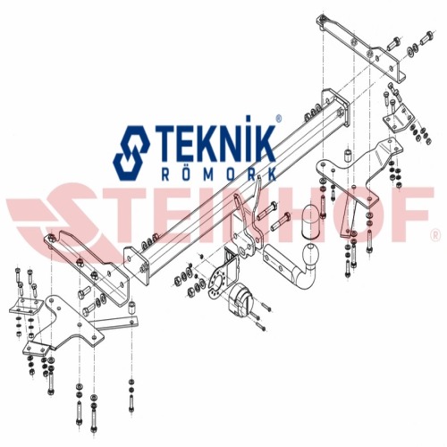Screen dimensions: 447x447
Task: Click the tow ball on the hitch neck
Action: [x=311, y=254]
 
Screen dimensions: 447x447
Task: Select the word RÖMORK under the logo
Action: [x=219, y=174]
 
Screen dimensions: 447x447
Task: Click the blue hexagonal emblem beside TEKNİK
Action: [x=131, y=153]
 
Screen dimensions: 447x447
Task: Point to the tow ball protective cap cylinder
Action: [x=311, y=221]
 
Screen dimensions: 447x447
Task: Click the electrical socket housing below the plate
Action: [x=240, y=301]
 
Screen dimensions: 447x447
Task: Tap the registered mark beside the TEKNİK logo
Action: [x=279, y=119]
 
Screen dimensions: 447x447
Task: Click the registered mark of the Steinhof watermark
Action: [x=435, y=235]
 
